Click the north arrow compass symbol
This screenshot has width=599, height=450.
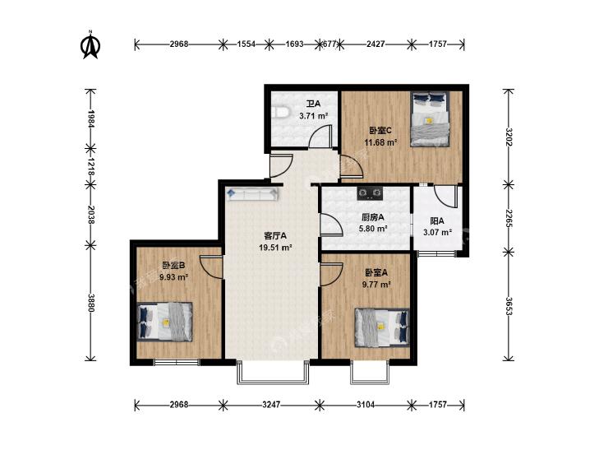[91, 46]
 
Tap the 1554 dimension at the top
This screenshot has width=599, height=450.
[246, 44]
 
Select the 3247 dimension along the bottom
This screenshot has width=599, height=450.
[271, 404]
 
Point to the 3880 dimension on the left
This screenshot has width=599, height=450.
[91, 303]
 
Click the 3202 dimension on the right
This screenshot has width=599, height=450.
[509, 137]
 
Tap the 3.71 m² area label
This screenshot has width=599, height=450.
[314, 115]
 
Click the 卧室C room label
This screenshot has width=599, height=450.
[380, 130]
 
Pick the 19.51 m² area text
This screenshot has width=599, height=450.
[275, 248]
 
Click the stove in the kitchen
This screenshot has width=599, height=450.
[370, 193]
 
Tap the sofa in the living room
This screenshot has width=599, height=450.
[252, 194]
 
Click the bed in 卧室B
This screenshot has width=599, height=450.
[164, 322]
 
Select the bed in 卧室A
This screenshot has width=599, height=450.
[382, 327]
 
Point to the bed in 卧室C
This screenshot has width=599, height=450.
[430, 119]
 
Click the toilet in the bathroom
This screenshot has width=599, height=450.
[280, 114]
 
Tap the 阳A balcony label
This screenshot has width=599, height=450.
[437, 221]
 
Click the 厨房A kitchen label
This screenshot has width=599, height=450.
[372, 217]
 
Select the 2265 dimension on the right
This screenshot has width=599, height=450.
[509, 218]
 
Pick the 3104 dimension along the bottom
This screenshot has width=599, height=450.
[366, 404]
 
